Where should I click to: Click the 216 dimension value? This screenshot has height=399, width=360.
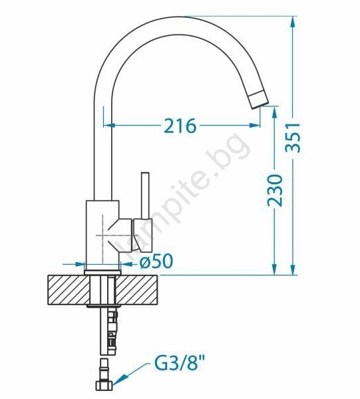[x=180, y=126]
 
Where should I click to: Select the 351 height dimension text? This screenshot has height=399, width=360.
[x=293, y=138]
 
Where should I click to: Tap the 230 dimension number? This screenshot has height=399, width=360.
[x=275, y=190]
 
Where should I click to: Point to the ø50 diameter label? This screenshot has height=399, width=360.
[x=156, y=261]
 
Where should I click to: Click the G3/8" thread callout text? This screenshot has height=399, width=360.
[x=180, y=364]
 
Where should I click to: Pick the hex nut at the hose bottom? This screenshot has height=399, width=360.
[x=104, y=386]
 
